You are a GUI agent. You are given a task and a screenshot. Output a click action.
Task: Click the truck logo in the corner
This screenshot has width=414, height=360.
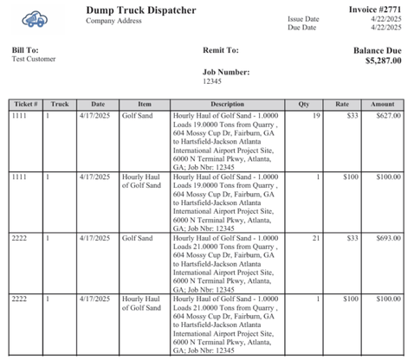(33, 17)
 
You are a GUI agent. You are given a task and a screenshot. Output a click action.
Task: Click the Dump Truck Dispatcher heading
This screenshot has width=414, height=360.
(140, 10)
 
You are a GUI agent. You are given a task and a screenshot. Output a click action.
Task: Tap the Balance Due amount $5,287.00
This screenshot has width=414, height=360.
(382, 61)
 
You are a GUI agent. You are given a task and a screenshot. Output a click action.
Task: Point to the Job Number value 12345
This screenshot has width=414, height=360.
(212, 80)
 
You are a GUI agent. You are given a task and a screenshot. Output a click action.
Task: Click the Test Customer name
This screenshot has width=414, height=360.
(34, 60)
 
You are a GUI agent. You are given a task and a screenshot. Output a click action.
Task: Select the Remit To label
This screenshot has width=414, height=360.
(220, 50)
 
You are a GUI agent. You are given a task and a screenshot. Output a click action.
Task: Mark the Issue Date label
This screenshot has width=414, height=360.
(303, 19)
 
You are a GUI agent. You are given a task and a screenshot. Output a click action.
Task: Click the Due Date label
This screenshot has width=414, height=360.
(301, 28)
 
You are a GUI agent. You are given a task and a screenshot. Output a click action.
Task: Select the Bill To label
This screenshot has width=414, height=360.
(25, 50)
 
